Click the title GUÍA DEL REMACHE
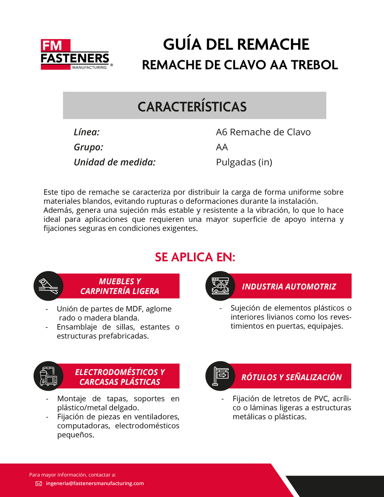[236, 45]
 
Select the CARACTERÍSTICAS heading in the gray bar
[192, 107]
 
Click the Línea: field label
[87, 132]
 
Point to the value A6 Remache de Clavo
[263, 132]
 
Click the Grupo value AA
[222, 147]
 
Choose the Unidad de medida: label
[114, 162]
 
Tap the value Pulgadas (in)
[244, 162]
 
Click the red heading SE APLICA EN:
[195, 257]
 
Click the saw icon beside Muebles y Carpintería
[48, 286]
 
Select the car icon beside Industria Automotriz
[220, 286]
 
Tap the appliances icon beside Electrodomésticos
[48, 376]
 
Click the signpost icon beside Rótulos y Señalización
[220, 376]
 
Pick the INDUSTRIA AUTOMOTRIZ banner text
[289, 287]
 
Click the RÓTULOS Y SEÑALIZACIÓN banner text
[291, 377]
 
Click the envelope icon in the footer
[39, 483]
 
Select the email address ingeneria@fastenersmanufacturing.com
[95, 483]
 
